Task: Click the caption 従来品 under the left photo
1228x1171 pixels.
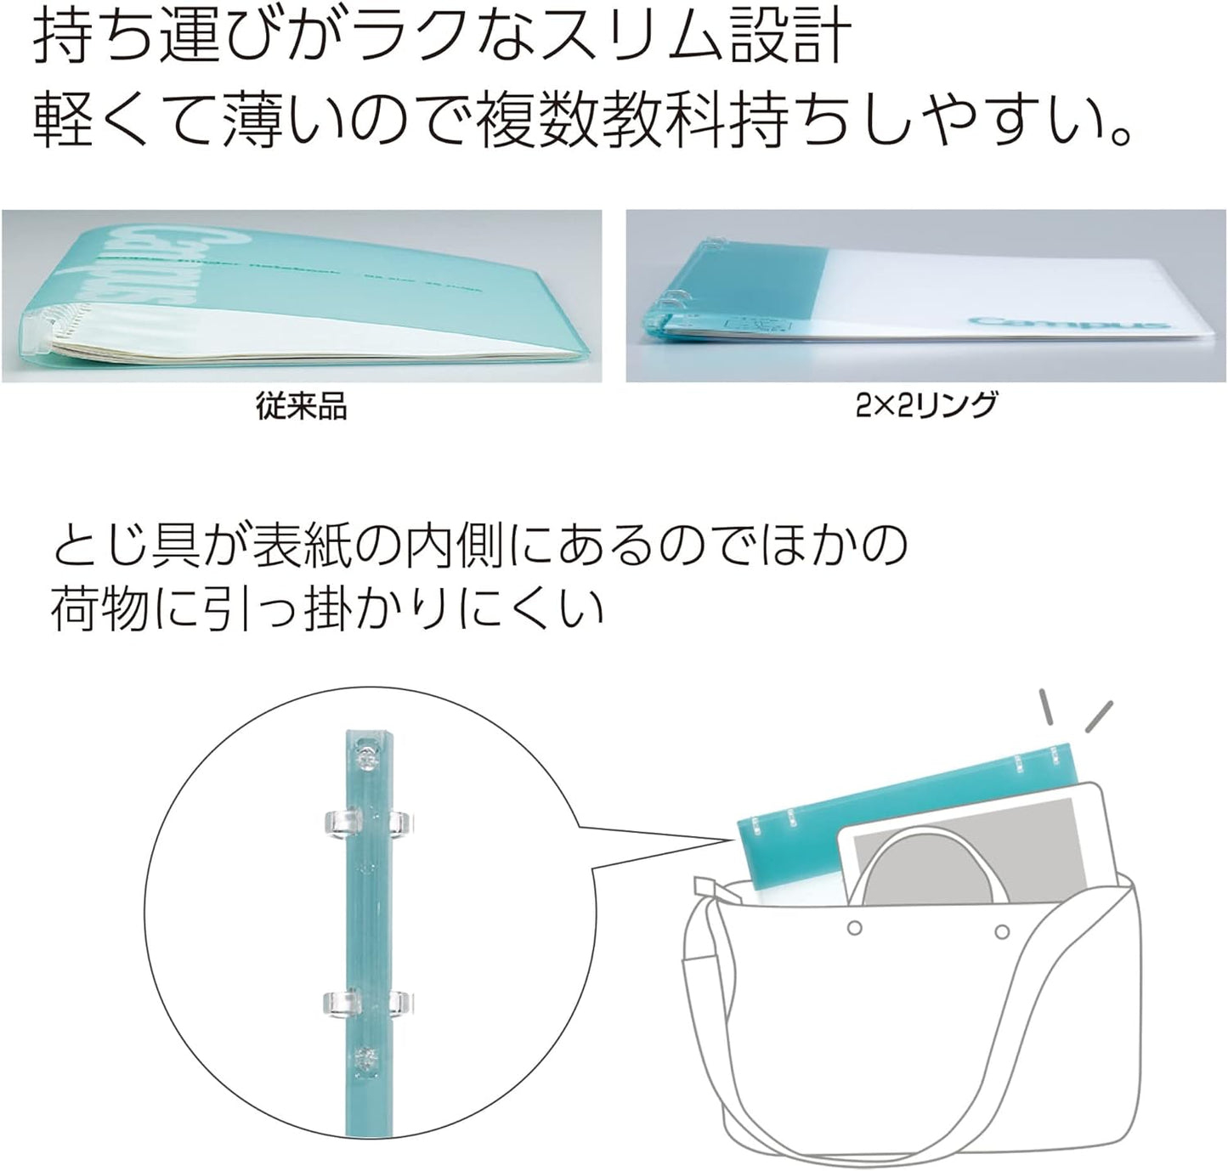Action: click(301, 408)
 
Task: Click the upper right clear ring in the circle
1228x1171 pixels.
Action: click(399, 821)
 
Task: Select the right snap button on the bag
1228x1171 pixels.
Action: click(1004, 931)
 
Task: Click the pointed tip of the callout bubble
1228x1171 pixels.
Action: click(733, 837)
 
